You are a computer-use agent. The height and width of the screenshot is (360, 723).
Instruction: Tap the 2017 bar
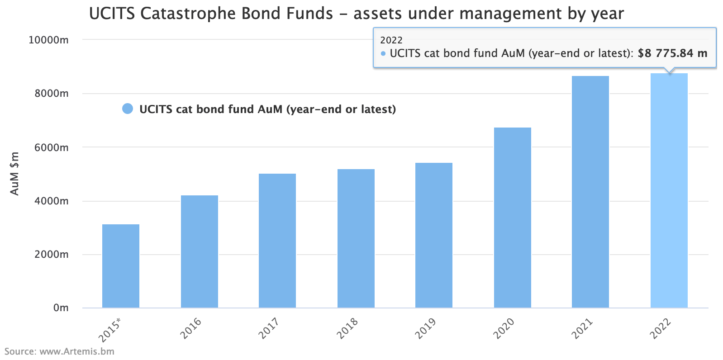point(277,241)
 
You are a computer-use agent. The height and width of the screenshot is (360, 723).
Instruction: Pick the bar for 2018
point(356,238)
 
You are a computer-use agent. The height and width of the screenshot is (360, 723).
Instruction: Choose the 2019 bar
point(434,235)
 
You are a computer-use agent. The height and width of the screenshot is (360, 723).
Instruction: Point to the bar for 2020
point(512,218)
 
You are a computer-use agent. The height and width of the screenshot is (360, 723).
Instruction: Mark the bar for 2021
point(590,192)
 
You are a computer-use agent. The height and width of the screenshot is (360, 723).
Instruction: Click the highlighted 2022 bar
point(669,190)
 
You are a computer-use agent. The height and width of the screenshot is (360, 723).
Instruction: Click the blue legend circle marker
point(128,109)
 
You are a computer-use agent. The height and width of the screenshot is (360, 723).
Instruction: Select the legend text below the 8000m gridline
point(267,109)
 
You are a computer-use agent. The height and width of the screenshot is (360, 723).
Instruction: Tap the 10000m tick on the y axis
point(48,40)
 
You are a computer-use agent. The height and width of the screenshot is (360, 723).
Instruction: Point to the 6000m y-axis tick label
point(51,147)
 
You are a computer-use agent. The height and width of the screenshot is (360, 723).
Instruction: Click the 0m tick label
point(61,308)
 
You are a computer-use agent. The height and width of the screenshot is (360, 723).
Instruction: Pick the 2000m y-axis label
point(51,254)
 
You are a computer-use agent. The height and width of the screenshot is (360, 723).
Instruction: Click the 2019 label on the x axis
point(426,328)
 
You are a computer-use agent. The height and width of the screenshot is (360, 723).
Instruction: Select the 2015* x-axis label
point(110,330)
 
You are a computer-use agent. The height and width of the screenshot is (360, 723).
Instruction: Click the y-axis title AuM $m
point(15,174)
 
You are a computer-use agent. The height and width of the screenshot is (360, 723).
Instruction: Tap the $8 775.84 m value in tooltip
point(672,53)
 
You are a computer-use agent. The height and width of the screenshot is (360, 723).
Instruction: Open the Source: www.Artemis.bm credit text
point(59,351)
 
